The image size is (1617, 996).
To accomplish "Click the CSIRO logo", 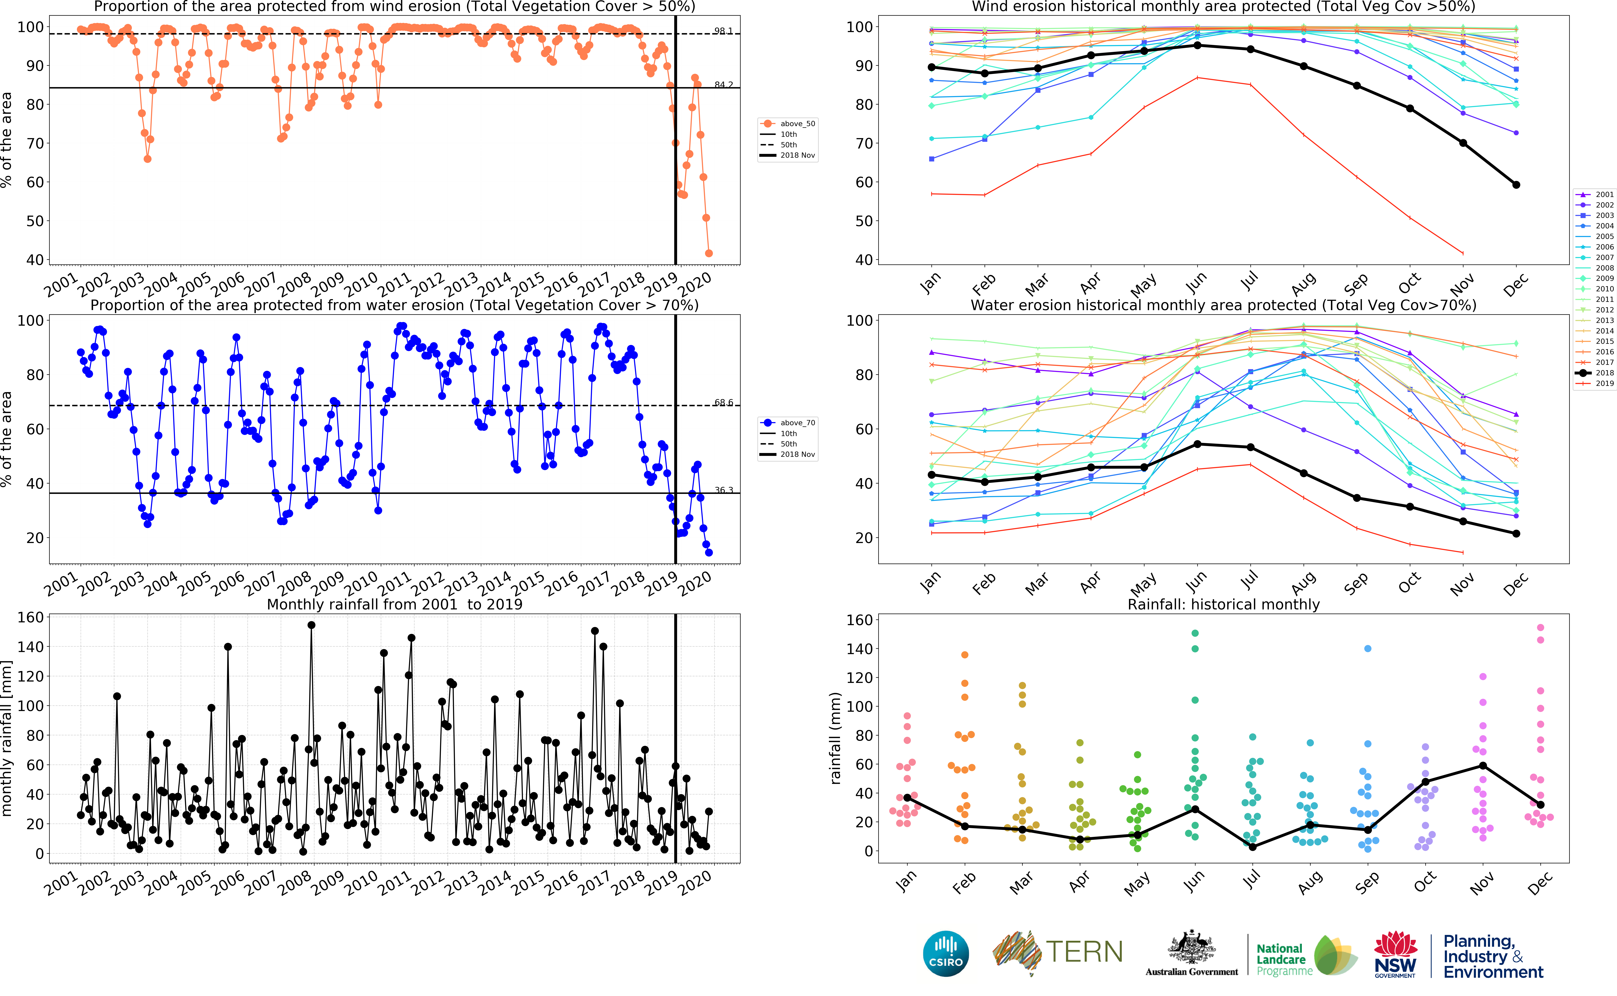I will click(946, 953).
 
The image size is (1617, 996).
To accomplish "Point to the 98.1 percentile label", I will click(723, 31).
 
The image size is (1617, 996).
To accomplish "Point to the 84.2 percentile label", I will click(723, 85).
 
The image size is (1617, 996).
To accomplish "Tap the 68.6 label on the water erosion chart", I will click(723, 402).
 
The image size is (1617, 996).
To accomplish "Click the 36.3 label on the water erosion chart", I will click(723, 490).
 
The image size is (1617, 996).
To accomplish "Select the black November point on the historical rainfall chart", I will click(1483, 765).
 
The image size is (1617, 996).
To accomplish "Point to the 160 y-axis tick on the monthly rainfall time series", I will click(30, 617).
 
